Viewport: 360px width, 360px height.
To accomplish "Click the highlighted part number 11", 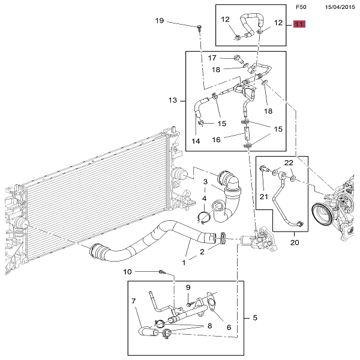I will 299,25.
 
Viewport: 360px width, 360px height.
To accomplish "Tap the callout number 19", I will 160,21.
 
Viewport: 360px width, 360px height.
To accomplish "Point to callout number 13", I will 173,100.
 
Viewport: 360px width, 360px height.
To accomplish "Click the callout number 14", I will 196,141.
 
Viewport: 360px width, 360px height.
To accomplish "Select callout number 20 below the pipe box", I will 294,243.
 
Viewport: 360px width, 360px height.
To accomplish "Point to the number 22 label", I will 289,163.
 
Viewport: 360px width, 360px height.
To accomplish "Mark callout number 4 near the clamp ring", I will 205,199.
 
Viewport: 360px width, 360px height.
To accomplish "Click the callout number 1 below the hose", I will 184,262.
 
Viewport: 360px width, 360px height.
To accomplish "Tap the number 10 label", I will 127,272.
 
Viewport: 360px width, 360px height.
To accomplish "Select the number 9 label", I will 187,287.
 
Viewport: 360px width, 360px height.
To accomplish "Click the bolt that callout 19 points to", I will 199,27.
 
